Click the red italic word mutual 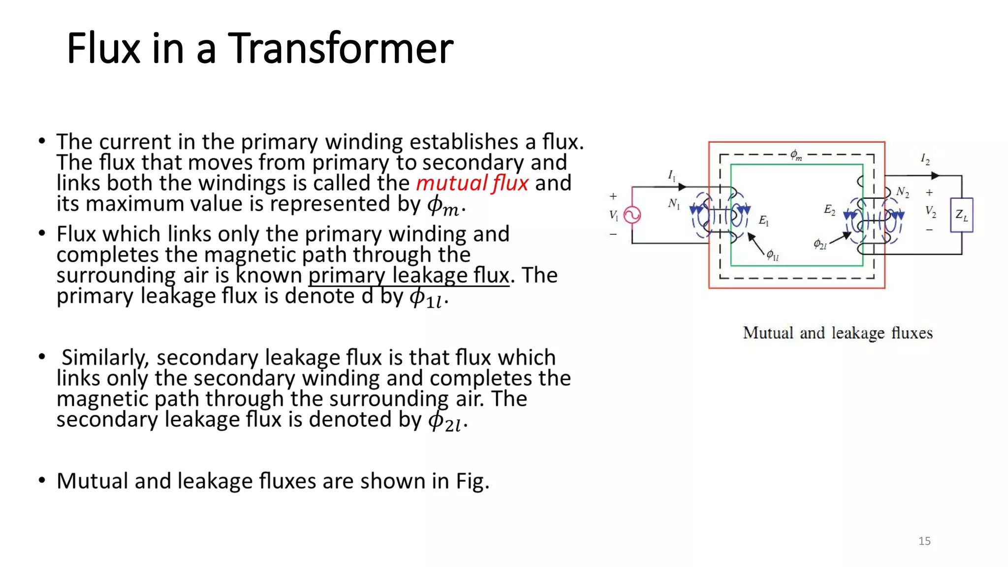coord(451,183)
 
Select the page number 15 coord(924,541)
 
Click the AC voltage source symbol coord(632,215)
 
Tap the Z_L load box coord(961,215)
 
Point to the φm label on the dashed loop coord(796,155)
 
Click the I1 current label coord(672,175)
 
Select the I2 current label coord(925,159)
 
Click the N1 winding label coord(674,203)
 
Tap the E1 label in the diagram coord(763,220)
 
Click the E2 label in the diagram coord(829,210)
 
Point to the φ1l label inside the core coord(772,255)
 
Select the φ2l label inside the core coord(820,244)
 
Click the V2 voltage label coord(930,211)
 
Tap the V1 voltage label coord(613,215)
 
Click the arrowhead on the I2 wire coord(935,176)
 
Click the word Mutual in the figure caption coord(768,333)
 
